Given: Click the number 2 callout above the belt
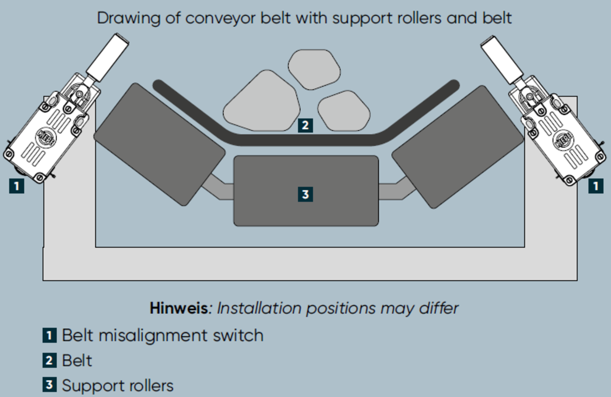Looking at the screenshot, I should pyautogui.click(x=305, y=125).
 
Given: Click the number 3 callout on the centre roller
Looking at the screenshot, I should pyautogui.click(x=305, y=194).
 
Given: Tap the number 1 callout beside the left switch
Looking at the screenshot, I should pyautogui.click(x=17, y=186).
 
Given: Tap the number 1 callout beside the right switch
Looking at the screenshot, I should pyautogui.click(x=595, y=186).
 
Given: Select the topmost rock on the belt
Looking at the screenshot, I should pyautogui.click(x=314, y=69).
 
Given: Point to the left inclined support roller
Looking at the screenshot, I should pyautogui.click(x=159, y=144).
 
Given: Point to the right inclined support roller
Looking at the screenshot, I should pyautogui.click(x=457, y=146).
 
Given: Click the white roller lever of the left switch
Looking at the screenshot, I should pyautogui.click(x=107, y=58).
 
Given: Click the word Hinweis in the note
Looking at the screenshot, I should pyautogui.click(x=179, y=308).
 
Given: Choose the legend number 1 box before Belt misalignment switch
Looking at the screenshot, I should pyautogui.click(x=49, y=335).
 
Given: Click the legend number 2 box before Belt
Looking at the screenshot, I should pyautogui.click(x=49, y=361).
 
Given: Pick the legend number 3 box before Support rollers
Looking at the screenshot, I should pyautogui.click(x=49, y=385).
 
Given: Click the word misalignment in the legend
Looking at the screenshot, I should pyautogui.click(x=154, y=335).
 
